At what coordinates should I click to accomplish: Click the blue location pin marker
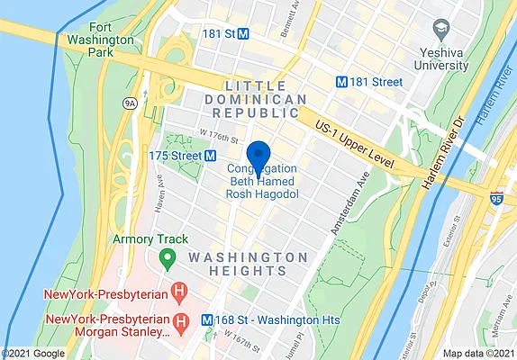pos(258,157)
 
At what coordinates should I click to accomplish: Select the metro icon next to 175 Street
pos(211,155)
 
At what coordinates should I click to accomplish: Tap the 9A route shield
pos(131,103)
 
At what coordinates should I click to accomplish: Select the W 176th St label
pos(218,137)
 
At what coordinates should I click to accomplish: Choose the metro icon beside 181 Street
pos(341,80)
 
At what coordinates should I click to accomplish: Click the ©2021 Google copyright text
pos(33,353)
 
